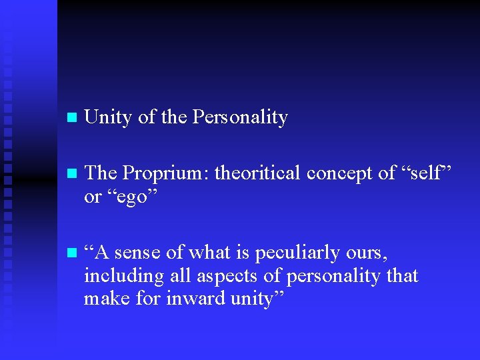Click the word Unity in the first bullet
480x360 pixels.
point(109,118)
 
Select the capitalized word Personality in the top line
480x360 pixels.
point(240,118)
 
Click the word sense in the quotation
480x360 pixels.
point(137,253)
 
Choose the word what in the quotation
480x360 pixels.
point(209,253)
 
